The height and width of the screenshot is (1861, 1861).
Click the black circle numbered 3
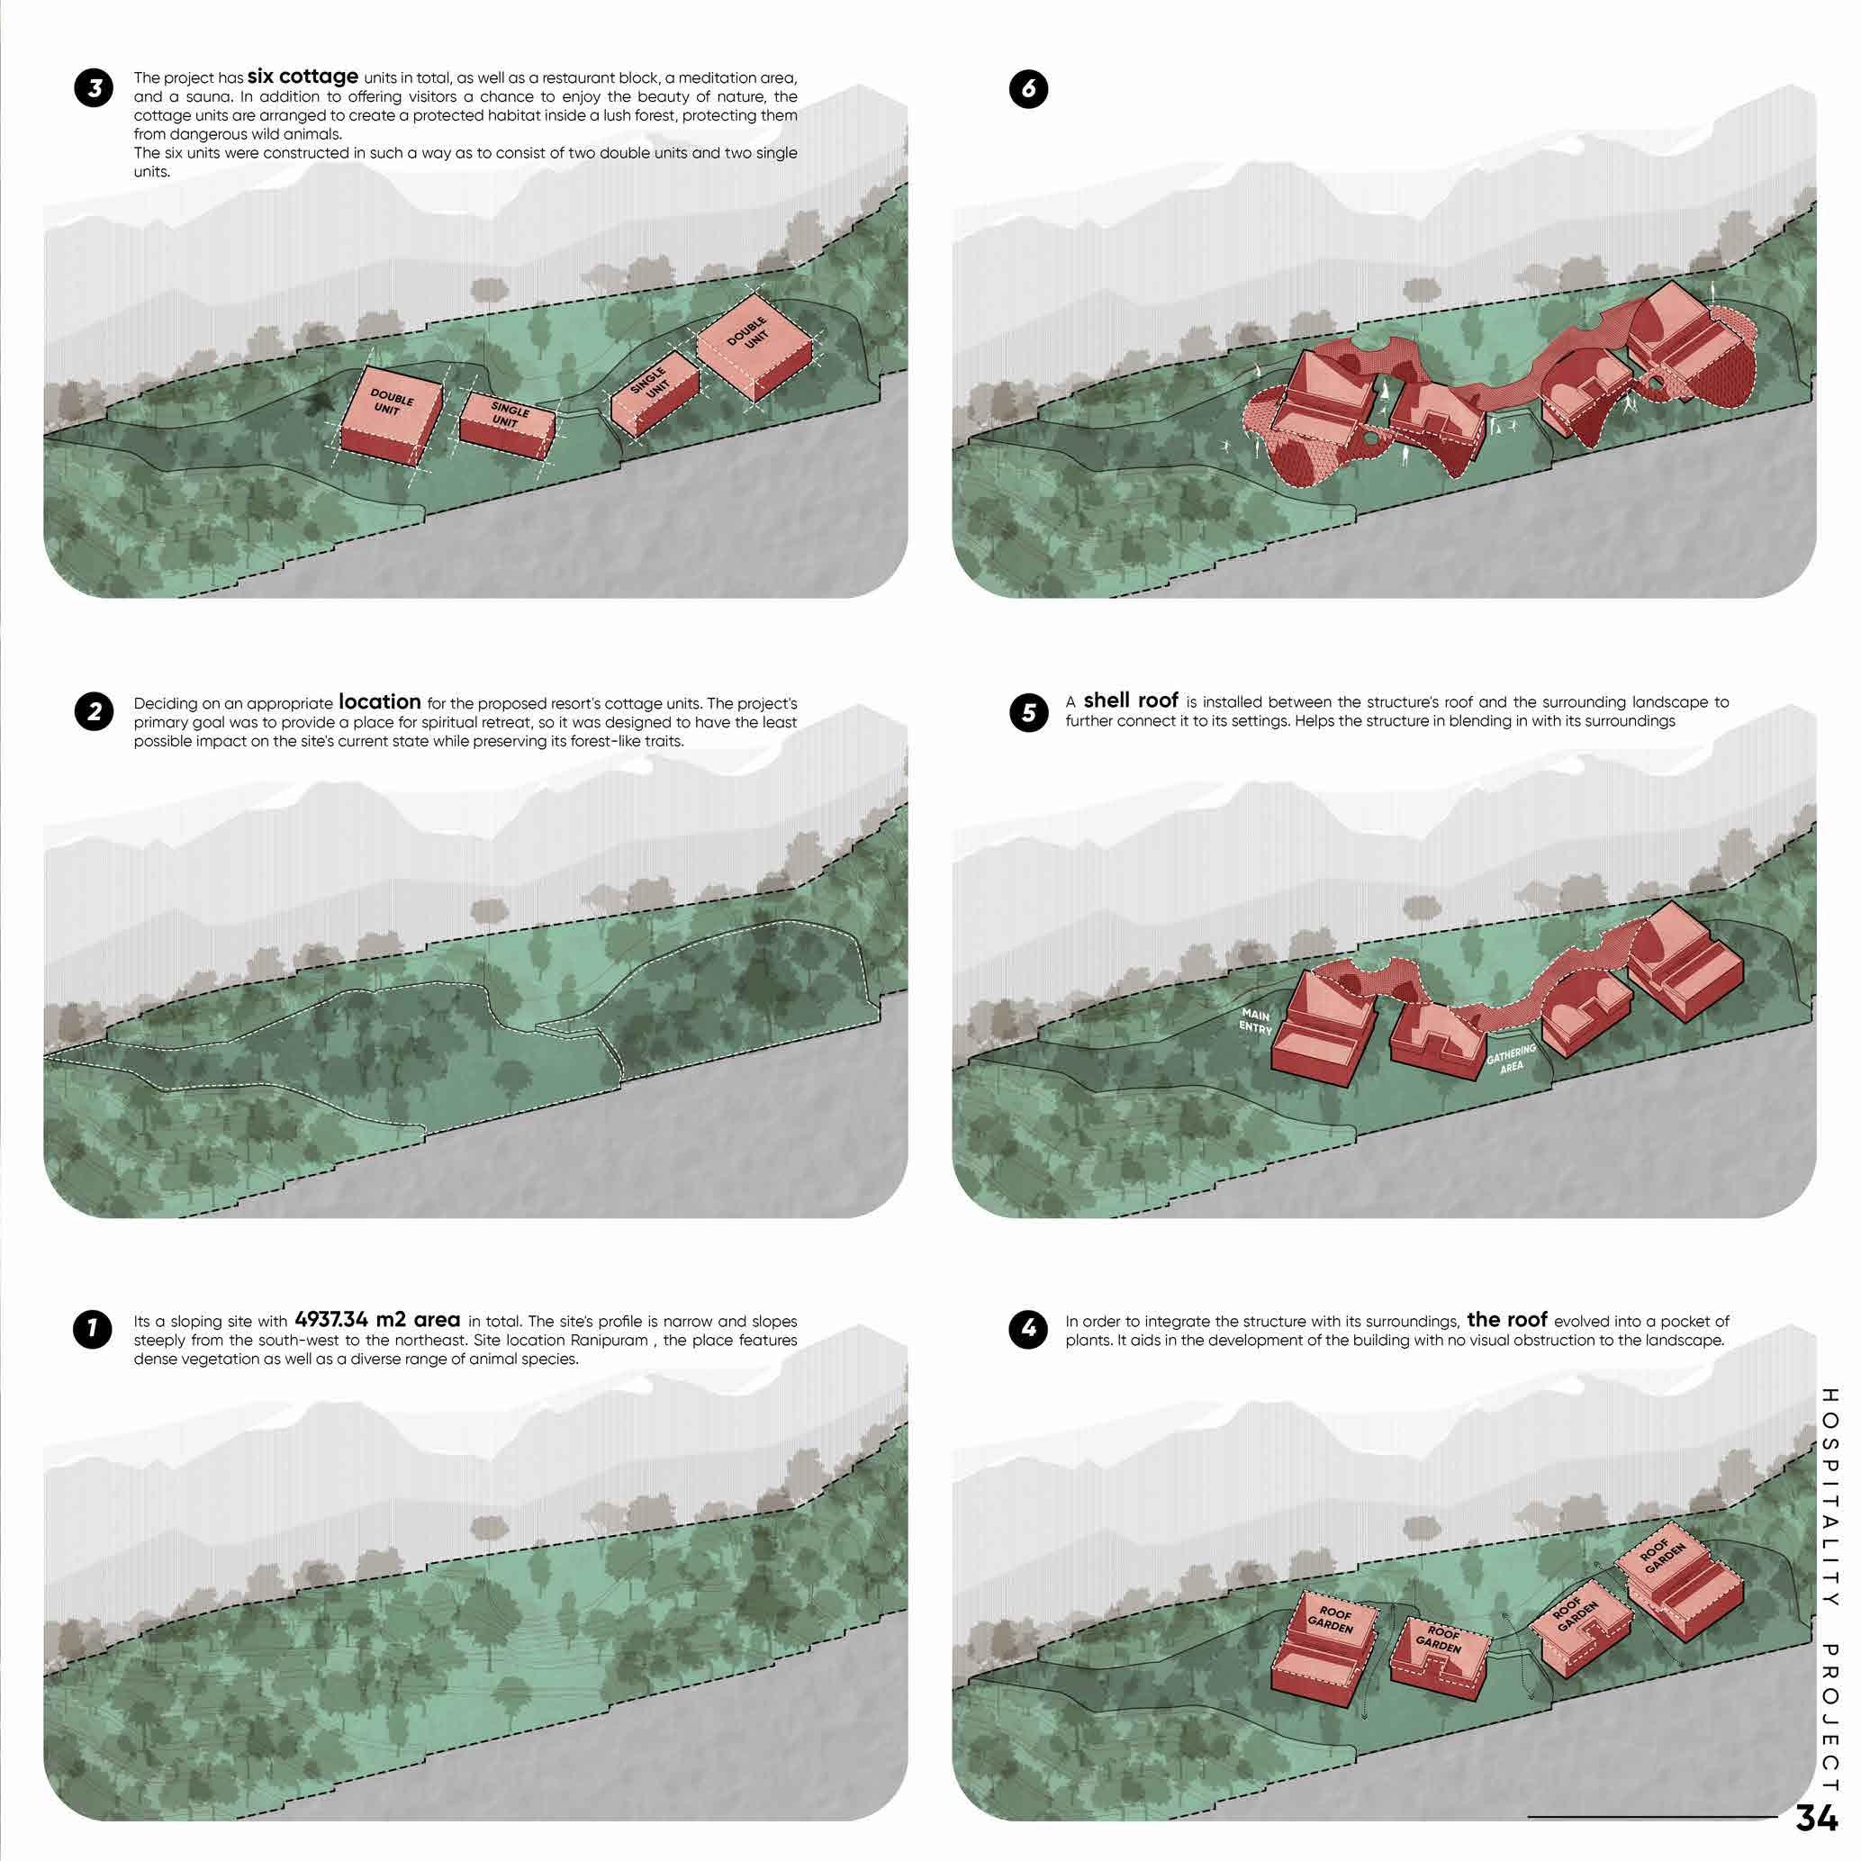(94, 88)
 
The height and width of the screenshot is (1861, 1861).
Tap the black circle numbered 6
(1029, 88)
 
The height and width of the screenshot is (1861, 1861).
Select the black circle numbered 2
(94, 712)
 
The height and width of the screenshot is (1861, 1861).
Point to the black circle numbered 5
(1029, 712)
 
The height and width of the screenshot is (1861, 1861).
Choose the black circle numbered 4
(1029, 1329)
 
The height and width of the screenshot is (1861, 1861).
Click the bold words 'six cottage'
(303, 77)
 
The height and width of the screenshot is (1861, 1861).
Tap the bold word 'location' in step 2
(380, 701)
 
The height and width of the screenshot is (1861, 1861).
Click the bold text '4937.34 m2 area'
(377, 1320)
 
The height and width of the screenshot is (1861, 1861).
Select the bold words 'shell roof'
(1131, 700)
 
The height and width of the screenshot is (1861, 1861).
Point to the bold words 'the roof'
(1507, 1319)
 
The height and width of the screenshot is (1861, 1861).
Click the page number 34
(1817, 1818)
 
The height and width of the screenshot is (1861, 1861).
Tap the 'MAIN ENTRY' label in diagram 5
(1257, 1021)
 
